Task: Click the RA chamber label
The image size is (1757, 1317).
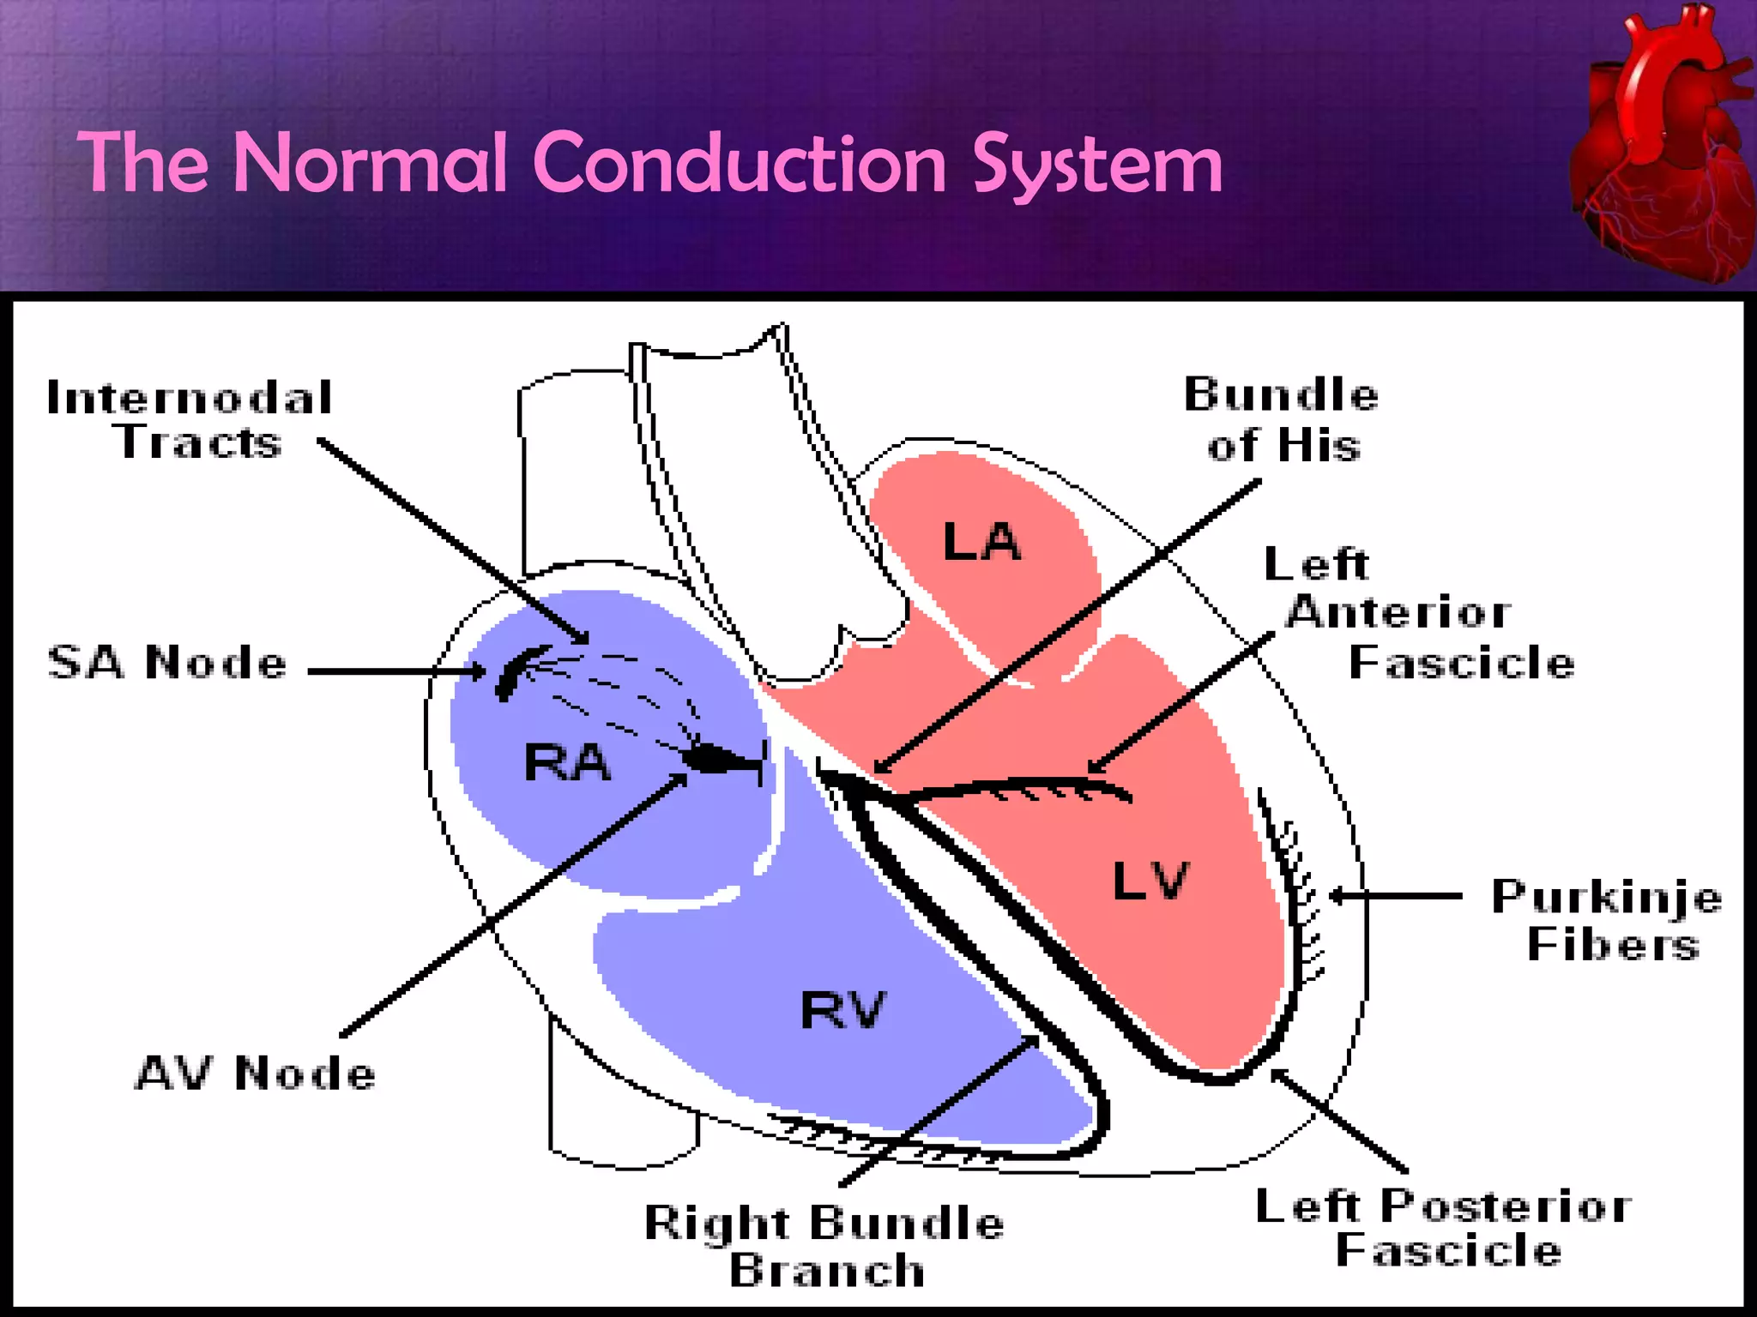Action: [567, 762]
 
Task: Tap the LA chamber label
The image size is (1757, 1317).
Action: [981, 542]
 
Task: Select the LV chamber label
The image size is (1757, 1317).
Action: [1150, 881]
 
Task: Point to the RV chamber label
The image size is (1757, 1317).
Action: [842, 1009]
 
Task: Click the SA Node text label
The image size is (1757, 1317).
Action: [167, 663]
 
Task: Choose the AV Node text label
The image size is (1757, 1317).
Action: [256, 1073]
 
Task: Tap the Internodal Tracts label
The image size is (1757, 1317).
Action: [190, 420]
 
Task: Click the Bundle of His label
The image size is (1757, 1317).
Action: [1282, 420]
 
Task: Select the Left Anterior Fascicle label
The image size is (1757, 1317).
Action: [1420, 613]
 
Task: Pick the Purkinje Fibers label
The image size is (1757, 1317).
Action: [1607, 920]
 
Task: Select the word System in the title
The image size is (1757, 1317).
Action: [1097, 165]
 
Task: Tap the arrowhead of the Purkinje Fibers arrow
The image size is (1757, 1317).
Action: [1337, 896]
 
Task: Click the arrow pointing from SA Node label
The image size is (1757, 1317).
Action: [395, 671]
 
